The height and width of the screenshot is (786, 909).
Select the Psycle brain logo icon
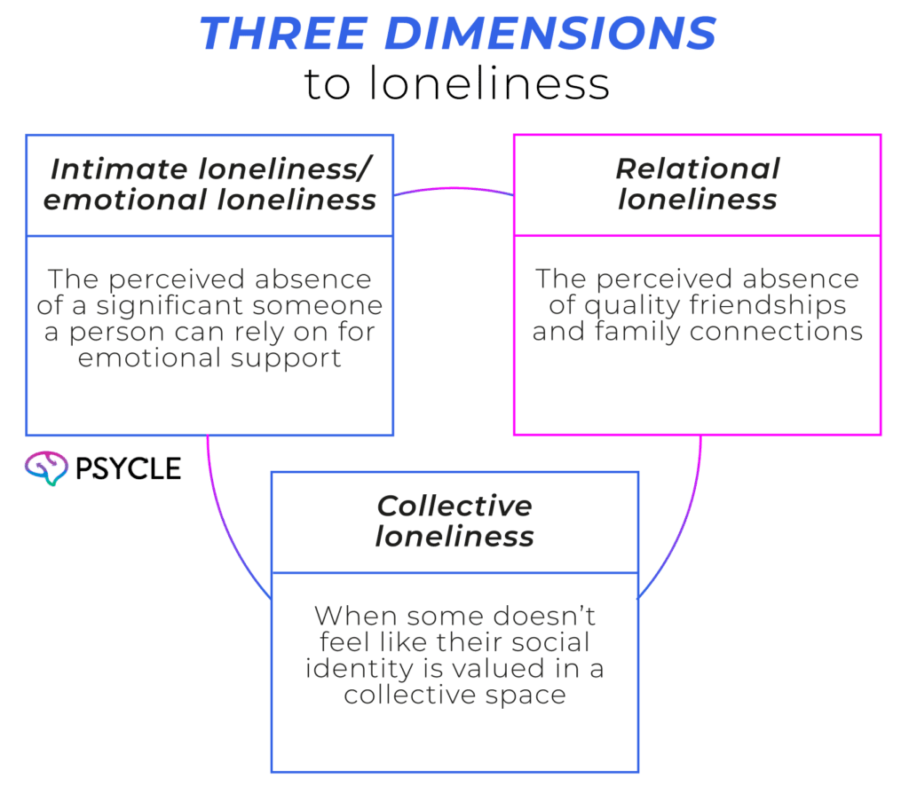pos(46,467)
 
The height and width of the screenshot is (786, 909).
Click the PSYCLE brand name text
pos(128,468)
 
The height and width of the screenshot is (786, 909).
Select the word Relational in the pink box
pos(698,169)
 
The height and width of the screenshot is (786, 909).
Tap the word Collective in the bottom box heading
pos(454,506)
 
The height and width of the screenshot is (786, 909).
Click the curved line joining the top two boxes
pos(454,188)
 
